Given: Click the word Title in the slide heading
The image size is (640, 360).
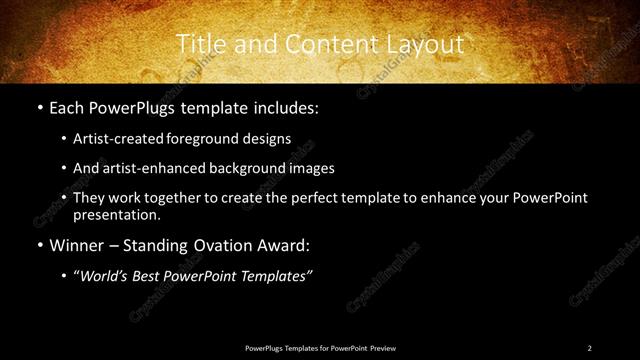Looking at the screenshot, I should pos(198,44).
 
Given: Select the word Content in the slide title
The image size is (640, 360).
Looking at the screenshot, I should pos(321,44).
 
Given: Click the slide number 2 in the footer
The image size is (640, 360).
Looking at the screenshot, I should pos(589,348).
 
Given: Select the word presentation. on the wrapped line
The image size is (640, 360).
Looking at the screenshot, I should pos(116,214).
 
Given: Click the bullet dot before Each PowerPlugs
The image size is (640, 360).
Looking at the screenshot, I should pos(38,107).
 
